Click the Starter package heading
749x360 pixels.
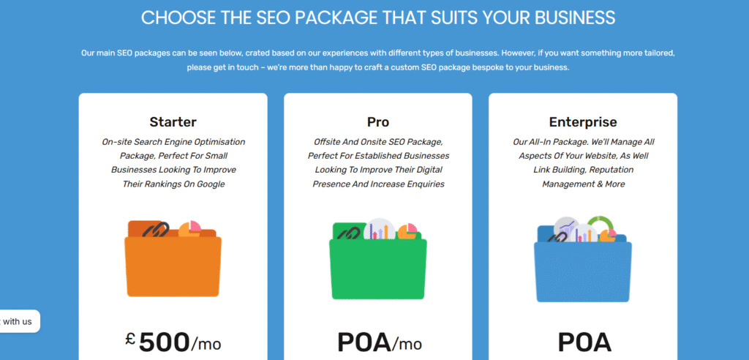tap(173, 122)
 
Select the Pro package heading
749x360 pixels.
tap(378, 122)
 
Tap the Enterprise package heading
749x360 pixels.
tap(583, 122)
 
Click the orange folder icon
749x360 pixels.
tap(173, 260)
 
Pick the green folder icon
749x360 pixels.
tap(378, 263)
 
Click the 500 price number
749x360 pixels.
tap(164, 342)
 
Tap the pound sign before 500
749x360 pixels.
tap(130, 339)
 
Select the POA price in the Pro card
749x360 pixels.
tap(364, 342)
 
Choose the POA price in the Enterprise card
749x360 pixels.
tap(584, 342)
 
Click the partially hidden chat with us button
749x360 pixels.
tap(18, 321)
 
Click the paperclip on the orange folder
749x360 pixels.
tap(155, 230)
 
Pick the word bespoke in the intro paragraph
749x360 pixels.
tap(456, 67)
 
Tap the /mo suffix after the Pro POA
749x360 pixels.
tap(407, 343)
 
